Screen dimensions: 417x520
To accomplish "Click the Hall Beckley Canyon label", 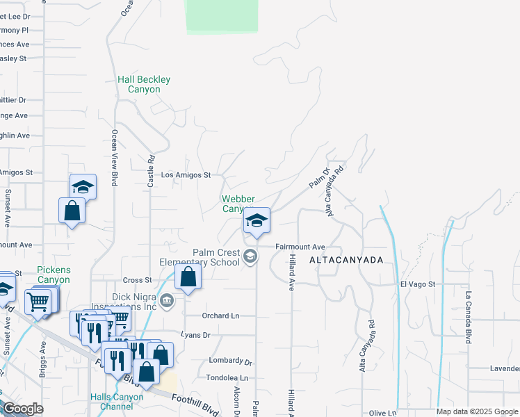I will pyautogui.click(x=144, y=85).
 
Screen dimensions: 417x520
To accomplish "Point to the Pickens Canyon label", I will pyautogui.click(x=54, y=275).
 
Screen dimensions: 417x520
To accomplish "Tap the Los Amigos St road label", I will pyautogui.click(x=186, y=175).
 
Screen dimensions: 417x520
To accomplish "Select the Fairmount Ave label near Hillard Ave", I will pyautogui.click(x=300, y=247).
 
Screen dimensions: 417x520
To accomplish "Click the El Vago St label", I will pyautogui.click(x=417, y=284).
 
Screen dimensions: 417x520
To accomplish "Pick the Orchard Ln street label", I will pyautogui.click(x=220, y=316).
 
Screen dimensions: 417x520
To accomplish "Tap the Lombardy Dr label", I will pyautogui.click(x=230, y=361).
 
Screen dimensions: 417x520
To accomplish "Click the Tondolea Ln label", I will pyautogui.click(x=227, y=377).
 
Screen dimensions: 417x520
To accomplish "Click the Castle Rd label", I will pyautogui.click(x=151, y=170).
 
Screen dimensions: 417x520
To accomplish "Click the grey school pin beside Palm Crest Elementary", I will pyautogui.click(x=250, y=257).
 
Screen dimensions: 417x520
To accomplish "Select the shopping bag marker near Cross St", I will pyautogui.click(x=188, y=277).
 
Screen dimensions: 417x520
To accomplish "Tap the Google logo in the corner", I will pyautogui.click(x=23, y=409).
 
